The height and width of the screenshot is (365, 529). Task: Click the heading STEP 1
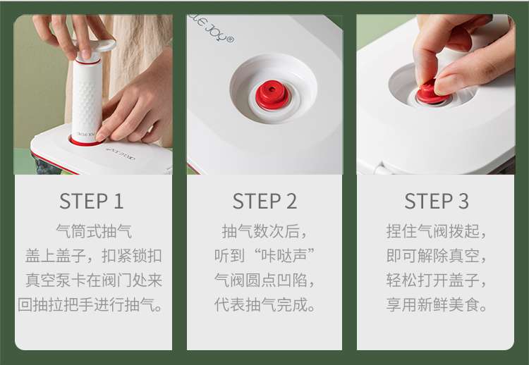(x=92, y=201)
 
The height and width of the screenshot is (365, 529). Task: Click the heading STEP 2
(x=264, y=201)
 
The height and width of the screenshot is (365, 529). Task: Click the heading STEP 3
(x=437, y=201)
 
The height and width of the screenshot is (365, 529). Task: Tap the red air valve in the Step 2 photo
(x=272, y=95)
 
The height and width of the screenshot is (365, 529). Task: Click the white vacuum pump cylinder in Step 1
(x=86, y=101)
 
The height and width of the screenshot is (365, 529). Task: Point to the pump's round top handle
(x=98, y=47)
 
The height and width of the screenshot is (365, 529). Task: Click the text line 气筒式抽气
(x=94, y=231)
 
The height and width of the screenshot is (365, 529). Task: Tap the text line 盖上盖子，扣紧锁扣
(x=93, y=256)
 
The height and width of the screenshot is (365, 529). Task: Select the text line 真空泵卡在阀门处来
(x=94, y=280)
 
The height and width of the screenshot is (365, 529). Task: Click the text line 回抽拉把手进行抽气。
(x=91, y=304)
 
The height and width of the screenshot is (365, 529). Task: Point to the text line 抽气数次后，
(x=264, y=231)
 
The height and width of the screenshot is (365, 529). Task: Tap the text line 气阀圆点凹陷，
(x=264, y=280)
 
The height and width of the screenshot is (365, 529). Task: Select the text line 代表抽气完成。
(x=265, y=304)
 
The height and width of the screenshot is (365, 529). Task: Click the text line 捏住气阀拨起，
(x=436, y=231)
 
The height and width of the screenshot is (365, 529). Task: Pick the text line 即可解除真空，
(x=436, y=256)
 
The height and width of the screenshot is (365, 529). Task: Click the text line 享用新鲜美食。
(x=437, y=304)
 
